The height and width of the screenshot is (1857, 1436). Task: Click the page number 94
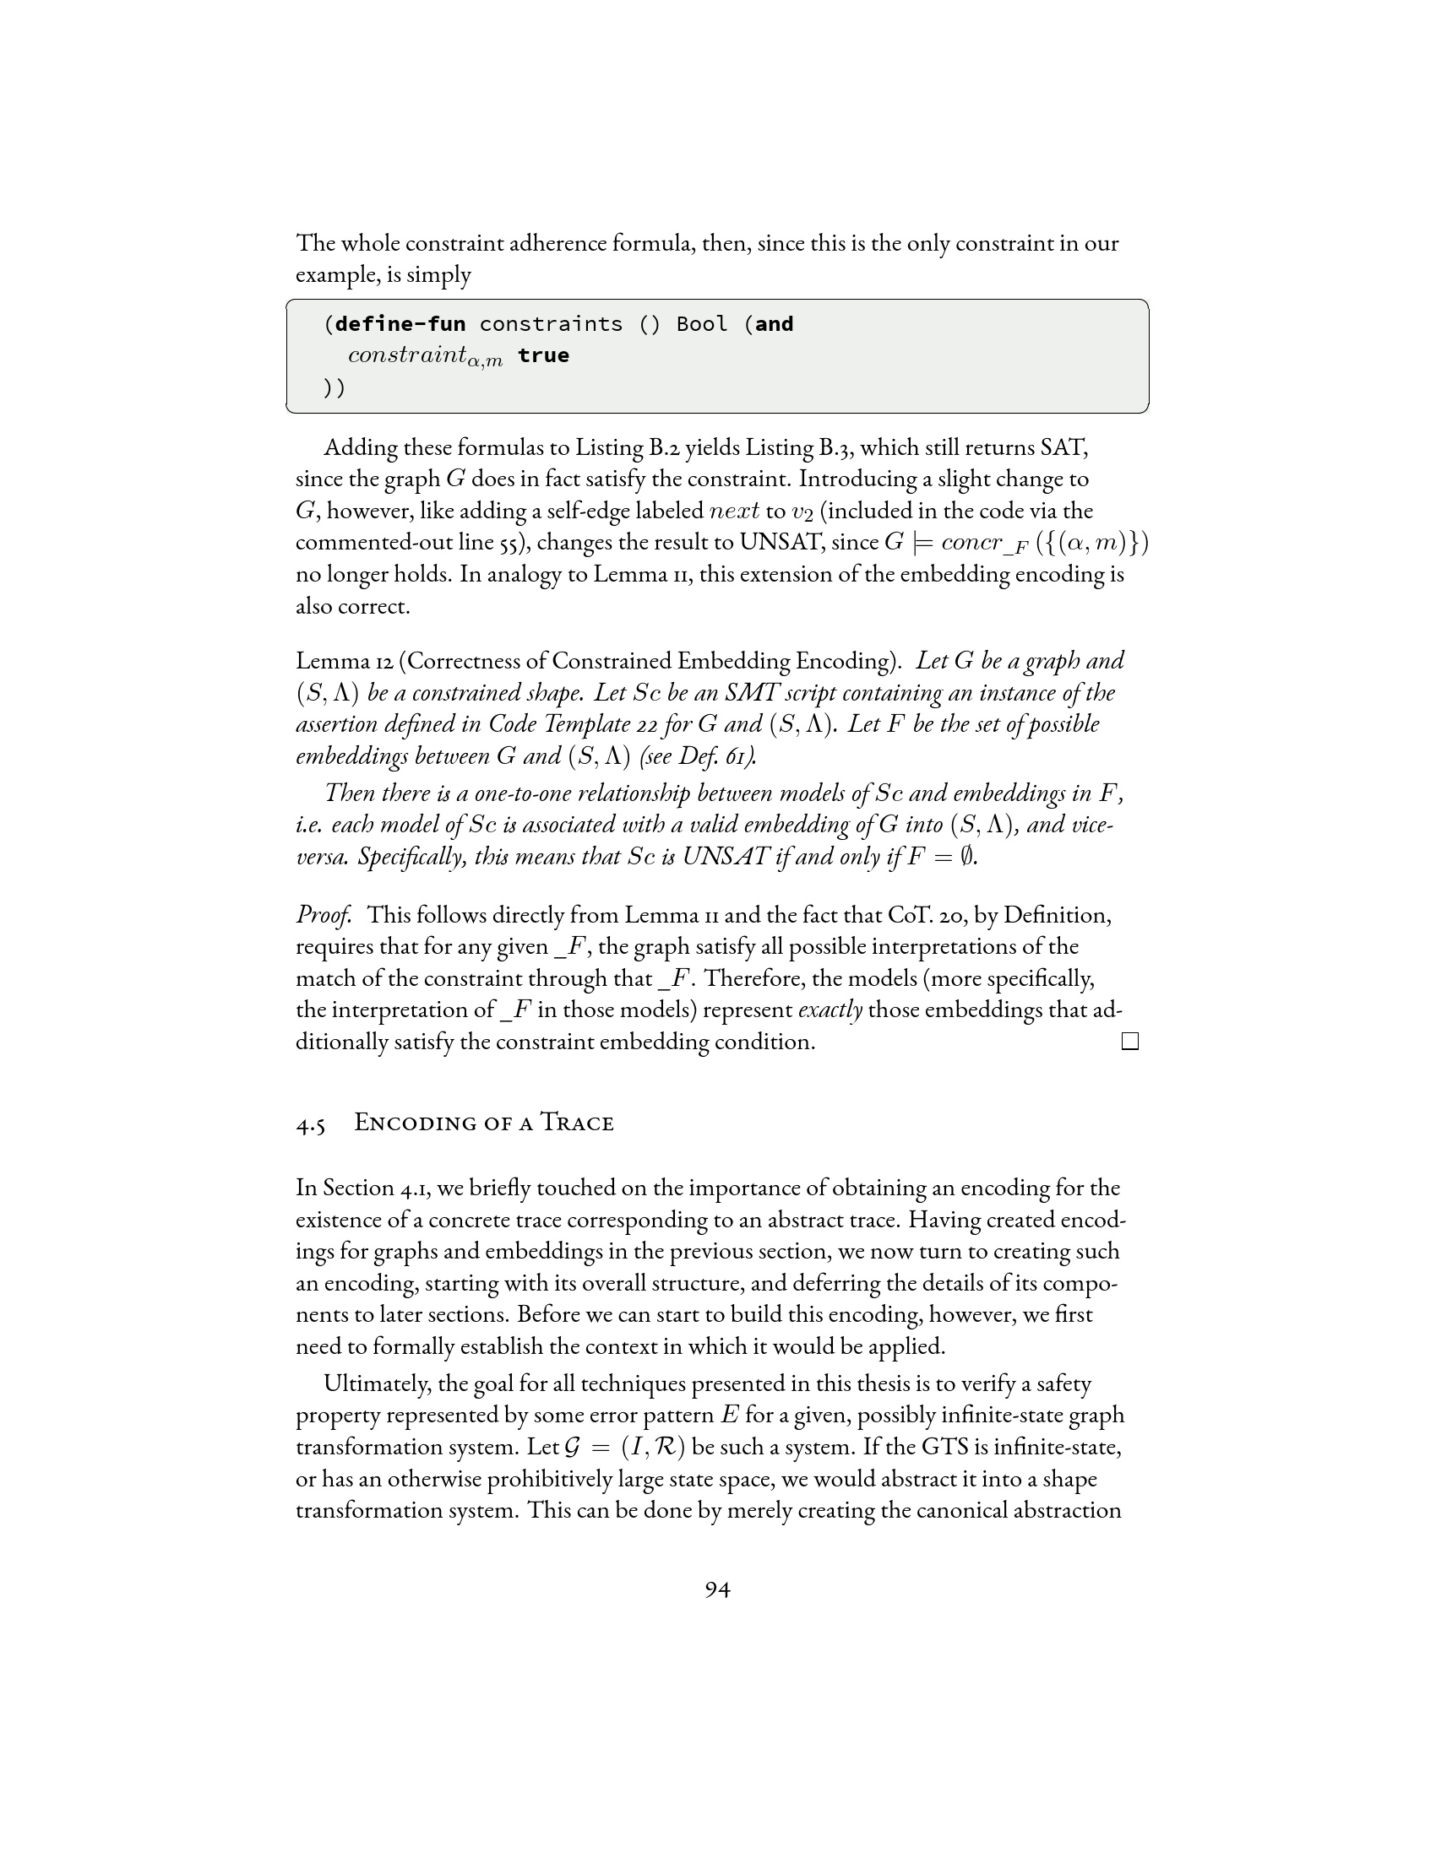click(717, 1589)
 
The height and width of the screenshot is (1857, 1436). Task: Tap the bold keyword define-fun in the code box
click(400, 324)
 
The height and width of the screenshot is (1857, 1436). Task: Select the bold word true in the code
click(543, 355)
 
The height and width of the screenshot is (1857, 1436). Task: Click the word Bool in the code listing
click(702, 324)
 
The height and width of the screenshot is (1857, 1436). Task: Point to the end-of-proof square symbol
click(1129, 1042)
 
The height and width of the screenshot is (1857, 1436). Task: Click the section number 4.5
click(311, 1124)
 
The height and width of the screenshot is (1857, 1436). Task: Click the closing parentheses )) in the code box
click(335, 387)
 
